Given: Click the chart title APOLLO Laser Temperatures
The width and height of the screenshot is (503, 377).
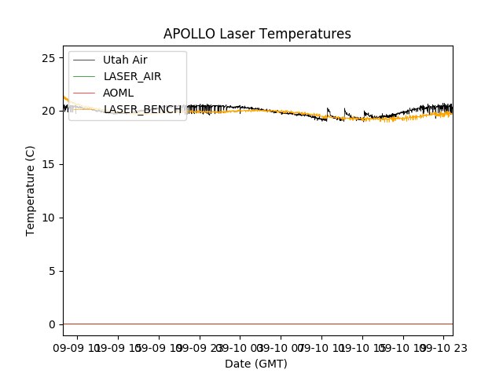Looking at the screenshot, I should point(257,34).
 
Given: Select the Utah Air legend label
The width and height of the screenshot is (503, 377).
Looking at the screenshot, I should point(125,60).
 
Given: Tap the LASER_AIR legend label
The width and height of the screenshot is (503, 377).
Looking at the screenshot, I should point(132,76).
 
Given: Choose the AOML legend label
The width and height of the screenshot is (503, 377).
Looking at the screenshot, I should point(118,93).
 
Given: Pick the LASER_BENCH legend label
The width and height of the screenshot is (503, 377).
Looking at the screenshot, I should point(142,109).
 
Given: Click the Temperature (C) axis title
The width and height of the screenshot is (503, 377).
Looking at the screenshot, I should point(31,190).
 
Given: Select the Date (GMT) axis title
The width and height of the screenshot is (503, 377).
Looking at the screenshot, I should point(256,364).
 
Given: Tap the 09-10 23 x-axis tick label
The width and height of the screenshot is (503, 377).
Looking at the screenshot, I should point(442,347).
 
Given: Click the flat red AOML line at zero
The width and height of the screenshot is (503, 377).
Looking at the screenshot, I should point(259,324).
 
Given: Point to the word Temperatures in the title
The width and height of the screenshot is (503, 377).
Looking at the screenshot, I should point(303,34).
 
